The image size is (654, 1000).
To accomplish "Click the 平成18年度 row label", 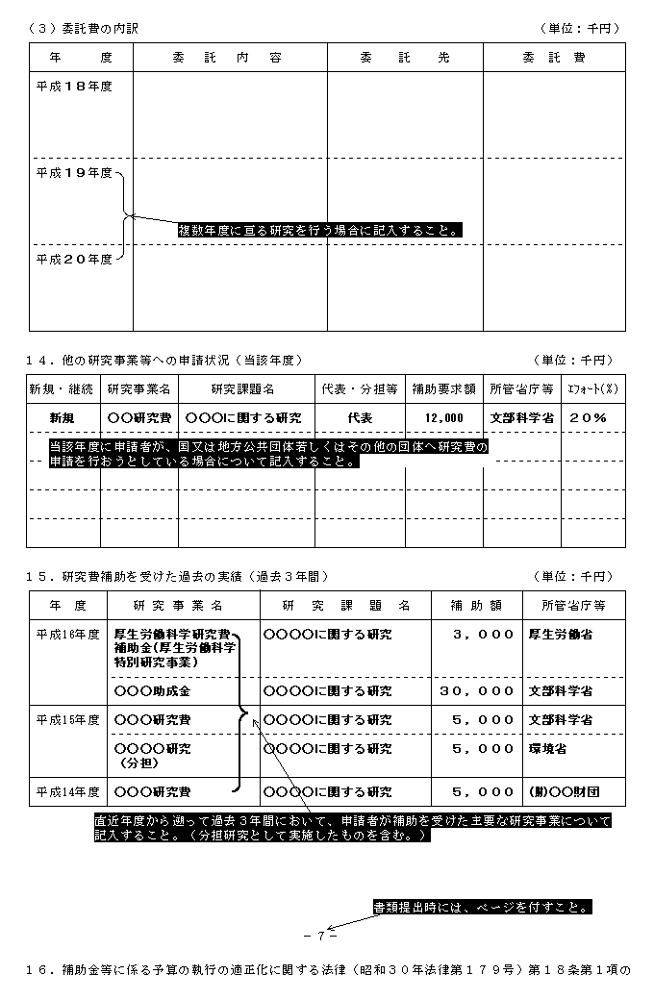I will pos(74,87).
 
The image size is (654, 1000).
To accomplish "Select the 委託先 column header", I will pos(404,58).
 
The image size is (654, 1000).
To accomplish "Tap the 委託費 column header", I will pos(554,58).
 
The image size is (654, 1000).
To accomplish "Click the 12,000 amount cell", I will pos(442,418).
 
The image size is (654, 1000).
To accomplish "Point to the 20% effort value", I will pos(588,418).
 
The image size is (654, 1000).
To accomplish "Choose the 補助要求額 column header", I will pos(443,389).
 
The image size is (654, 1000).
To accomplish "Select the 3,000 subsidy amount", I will pos(483,635).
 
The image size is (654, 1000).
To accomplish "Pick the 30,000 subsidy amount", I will pos(477,691).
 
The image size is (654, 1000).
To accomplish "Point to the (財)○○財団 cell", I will pos(565,792).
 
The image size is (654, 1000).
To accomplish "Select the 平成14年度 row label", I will pos(67,792).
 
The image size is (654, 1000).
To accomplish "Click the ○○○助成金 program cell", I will pos(152,691).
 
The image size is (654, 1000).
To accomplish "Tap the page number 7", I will pos(320,935).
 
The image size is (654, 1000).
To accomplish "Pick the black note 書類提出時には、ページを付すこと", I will pos(482,907).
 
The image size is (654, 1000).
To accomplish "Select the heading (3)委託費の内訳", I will pos(84,28).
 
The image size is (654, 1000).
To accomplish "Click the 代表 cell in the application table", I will pos(360,418).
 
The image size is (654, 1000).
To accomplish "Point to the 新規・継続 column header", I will pos(62,389).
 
